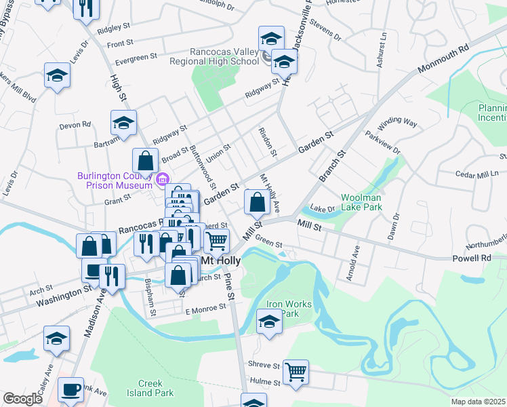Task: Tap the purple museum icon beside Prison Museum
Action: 162,179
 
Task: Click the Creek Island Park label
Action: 150,388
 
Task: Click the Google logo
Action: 22,399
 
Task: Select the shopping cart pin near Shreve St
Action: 296,372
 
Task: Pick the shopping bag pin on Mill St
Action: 257,202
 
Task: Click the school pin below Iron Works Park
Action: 269,322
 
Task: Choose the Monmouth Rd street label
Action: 444,60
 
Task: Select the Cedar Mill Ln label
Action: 478,175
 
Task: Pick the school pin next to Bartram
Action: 123,123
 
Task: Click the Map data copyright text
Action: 478,402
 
